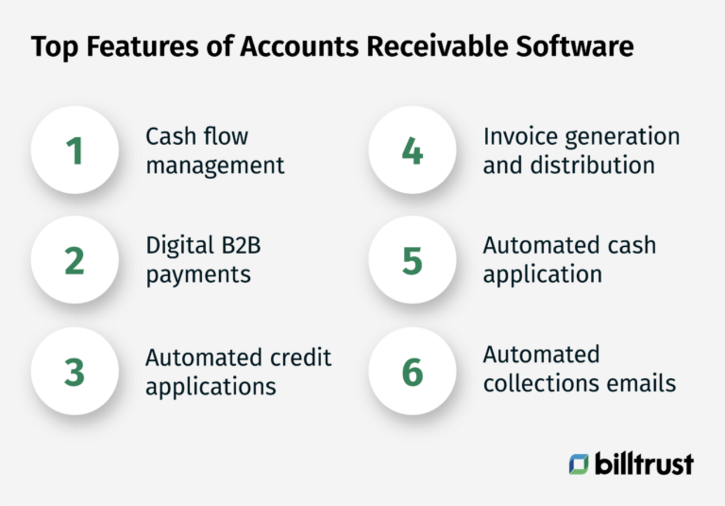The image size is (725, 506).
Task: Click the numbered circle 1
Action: (75, 150)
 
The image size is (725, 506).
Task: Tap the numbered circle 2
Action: (75, 260)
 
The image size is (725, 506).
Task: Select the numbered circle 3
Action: (75, 372)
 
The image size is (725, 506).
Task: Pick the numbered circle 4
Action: (412, 150)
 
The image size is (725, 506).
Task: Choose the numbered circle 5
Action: (412, 260)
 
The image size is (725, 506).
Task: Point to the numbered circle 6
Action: (412, 372)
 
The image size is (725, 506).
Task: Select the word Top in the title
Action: (53, 47)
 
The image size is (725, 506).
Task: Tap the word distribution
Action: (592, 166)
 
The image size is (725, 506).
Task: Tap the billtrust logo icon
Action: (579, 463)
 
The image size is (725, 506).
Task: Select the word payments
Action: (198, 275)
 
